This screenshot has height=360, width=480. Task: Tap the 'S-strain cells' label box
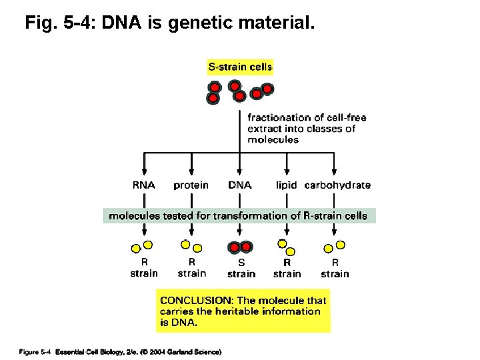click(x=240, y=67)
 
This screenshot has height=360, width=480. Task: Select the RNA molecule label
click(x=144, y=185)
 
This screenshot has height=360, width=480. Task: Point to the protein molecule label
click(x=191, y=185)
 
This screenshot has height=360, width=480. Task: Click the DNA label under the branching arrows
click(x=240, y=185)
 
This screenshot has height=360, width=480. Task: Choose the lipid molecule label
click(x=287, y=185)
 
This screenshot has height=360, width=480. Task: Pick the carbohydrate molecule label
click(x=337, y=185)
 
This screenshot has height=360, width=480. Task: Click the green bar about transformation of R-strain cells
click(x=239, y=215)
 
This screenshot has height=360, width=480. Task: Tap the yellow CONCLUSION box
click(x=243, y=311)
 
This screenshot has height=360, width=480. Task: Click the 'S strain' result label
click(x=241, y=268)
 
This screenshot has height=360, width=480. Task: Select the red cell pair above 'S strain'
click(x=241, y=247)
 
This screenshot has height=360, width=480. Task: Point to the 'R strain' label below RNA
click(x=144, y=268)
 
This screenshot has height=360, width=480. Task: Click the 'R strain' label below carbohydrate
click(x=335, y=268)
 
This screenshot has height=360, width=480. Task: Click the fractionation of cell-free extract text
click(x=307, y=129)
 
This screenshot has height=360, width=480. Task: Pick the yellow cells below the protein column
click(x=190, y=247)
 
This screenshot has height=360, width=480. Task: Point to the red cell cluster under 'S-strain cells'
click(x=239, y=92)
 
